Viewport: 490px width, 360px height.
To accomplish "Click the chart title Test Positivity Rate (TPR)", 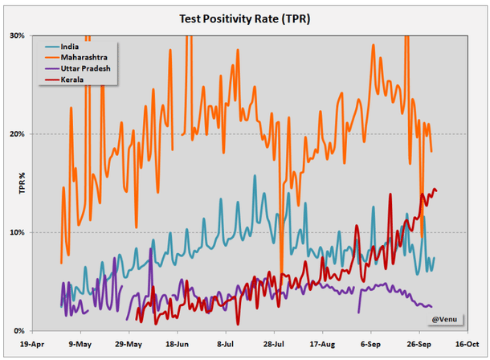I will (244, 18).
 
